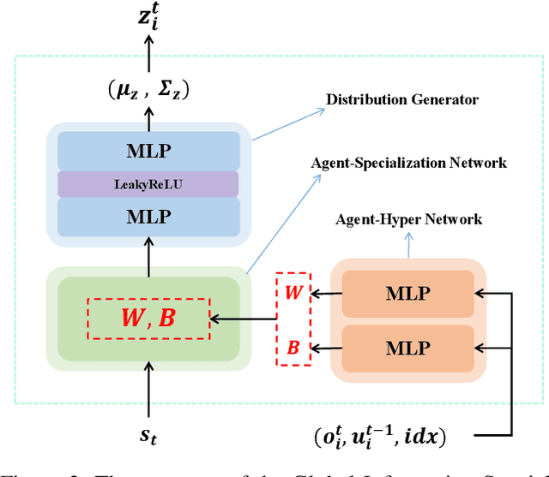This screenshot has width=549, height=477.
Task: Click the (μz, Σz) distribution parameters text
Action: point(148,89)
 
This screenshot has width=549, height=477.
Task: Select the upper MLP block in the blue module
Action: point(148,151)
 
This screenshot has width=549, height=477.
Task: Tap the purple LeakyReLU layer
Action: point(148,184)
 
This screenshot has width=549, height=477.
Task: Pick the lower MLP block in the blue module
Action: point(148,218)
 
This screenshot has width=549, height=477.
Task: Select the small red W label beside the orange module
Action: point(293,294)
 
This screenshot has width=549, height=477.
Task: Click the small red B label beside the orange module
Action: point(293,349)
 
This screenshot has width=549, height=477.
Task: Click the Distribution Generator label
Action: point(401,100)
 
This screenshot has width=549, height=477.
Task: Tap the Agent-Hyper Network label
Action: point(408,220)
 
